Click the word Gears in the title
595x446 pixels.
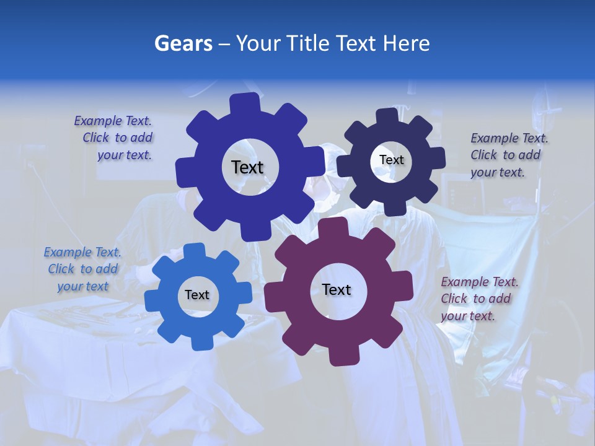(183, 43)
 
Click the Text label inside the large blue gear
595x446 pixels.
(247, 167)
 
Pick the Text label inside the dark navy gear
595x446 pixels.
(392, 160)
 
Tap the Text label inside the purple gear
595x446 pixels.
(337, 289)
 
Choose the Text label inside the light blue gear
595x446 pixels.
(197, 295)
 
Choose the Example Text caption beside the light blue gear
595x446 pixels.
(83, 269)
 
